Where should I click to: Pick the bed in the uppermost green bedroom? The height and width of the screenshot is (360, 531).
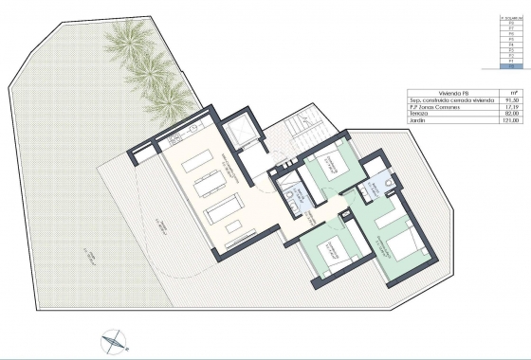pyautogui.click(x=331, y=161)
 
